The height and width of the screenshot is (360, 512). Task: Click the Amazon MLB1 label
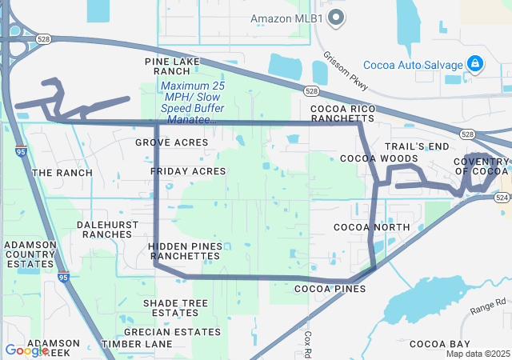287,18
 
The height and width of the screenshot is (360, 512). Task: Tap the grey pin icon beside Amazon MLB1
337,17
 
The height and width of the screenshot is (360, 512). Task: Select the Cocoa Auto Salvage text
413,65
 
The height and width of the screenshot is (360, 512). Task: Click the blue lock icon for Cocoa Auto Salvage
474,63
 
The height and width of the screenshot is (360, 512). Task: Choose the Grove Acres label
171,142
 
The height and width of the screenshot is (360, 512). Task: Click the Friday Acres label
188,171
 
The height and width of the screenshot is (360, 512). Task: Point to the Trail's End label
417,146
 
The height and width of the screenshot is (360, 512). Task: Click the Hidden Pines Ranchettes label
184,250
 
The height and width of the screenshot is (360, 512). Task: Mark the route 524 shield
502,197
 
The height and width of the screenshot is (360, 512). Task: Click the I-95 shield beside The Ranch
18,150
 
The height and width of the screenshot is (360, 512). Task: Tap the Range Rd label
489,306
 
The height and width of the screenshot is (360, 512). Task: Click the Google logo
26,350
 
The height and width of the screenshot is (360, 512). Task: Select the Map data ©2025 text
478,354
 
